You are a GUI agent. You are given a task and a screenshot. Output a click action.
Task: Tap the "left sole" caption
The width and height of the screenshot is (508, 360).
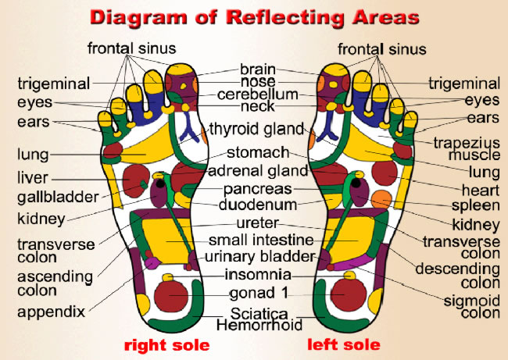pyautogui.click(x=344, y=344)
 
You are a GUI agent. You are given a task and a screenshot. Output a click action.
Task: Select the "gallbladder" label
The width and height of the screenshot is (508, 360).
pyautogui.click(x=59, y=197)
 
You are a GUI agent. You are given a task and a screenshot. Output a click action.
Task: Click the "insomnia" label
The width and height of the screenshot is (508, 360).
pyautogui.click(x=257, y=275)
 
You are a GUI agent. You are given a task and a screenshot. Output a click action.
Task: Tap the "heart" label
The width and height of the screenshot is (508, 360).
pyautogui.click(x=483, y=189)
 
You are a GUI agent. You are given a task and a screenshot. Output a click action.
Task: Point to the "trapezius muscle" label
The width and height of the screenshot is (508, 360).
pyautogui.click(x=467, y=148)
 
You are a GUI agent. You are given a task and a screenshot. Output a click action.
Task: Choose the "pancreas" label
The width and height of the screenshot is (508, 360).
pyautogui.click(x=257, y=189)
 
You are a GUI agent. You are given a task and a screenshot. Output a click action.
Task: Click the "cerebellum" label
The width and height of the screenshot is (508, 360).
pyautogui.click(x=257, y=94)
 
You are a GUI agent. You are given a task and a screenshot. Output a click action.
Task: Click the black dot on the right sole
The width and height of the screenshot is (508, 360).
pyautogui.click(x=161, y=184)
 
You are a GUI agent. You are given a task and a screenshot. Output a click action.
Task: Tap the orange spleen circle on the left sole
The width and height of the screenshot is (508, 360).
pyautogui.click(x=381, y=198)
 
